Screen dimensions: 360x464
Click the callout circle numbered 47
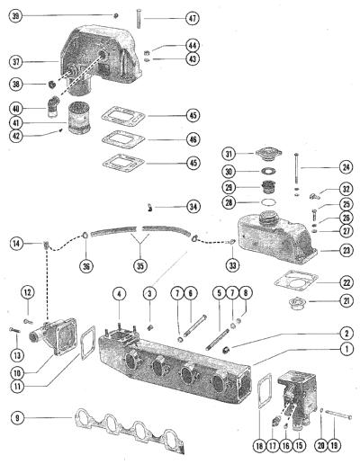(193, 18)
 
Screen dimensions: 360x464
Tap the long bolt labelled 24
(296, 168)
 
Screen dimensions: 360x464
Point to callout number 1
(346, 349)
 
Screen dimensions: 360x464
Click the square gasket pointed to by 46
(123, 139)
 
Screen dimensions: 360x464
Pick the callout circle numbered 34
(193, 207)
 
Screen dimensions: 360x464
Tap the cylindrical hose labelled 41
(79, 118)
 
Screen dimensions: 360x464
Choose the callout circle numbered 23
(346, 250)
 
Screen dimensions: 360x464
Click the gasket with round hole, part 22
(296, 282)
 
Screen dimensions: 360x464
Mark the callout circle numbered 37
(16, 62)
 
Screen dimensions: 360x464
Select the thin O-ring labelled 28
(267, 202)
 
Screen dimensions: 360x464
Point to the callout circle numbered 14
(16, 244)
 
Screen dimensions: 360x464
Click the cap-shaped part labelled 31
(269, 153)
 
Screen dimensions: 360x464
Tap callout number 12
(28, 292)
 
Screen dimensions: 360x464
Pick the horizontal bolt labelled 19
(338, 414)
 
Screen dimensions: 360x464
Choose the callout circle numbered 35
(140, 266)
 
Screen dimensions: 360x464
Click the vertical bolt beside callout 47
(139, 18)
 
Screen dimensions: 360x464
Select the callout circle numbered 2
(346, 333)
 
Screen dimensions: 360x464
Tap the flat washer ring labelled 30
(268, 171)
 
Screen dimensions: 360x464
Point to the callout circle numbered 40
(16, 108)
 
